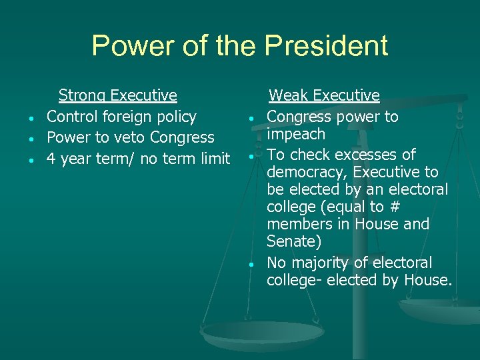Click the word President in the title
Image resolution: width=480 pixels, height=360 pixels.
(326, 46)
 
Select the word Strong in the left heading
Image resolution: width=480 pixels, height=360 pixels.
(83, 95)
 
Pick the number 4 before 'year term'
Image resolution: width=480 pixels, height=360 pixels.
(51, 159)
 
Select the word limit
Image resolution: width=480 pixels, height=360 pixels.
(214, 159)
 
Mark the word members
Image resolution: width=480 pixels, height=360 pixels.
(297, 225)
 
